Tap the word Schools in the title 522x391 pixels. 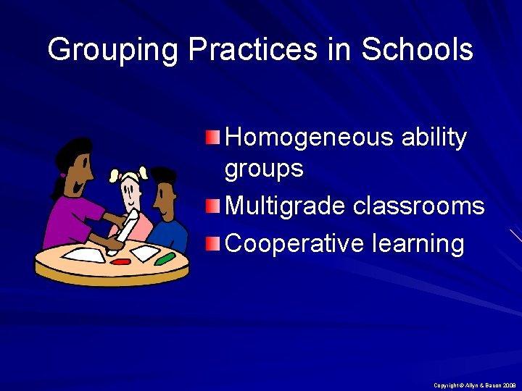(417, 50)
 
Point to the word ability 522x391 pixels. (432, 138)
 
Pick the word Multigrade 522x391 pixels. (286, 206)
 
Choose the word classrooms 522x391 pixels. (418, 206)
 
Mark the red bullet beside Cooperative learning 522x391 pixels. (212, 243)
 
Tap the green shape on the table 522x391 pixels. (165, 258)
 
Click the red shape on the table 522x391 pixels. (121, 261)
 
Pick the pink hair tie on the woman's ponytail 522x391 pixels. (63, 175)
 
